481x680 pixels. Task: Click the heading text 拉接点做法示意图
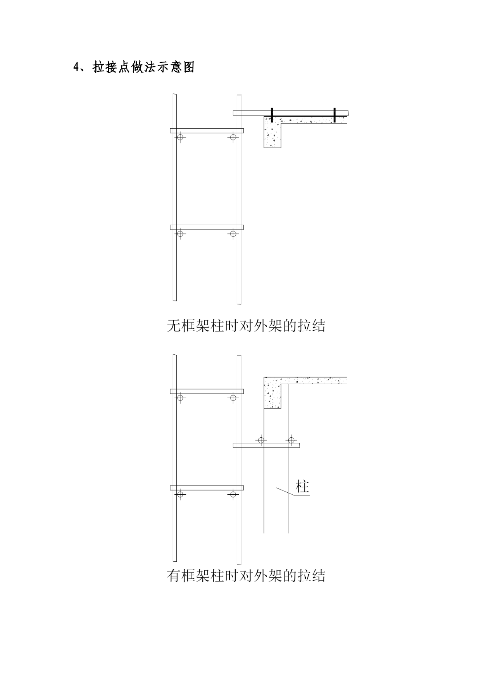coord(144,67)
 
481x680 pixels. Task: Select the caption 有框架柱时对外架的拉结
coord(246,576)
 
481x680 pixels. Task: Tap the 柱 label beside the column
coord(302,487)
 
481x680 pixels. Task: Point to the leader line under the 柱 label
coord(293,492)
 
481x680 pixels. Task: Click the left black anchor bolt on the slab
coord(272,115)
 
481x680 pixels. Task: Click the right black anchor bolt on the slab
coord(334,115)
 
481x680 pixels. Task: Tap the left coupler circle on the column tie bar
coord(261,440)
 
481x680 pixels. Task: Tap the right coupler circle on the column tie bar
coord(291,440)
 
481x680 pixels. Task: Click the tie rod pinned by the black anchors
coord(291,113)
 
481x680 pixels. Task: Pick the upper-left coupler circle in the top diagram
coord(180,137)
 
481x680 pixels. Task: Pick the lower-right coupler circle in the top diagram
coord(233,233)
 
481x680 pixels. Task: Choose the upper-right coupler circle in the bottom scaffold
coord(233,398)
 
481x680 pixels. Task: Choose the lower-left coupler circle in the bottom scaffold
coord(180,494)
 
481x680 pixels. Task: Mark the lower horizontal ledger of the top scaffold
coord(207,227)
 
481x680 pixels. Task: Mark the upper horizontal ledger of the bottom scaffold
coord(207,391)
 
